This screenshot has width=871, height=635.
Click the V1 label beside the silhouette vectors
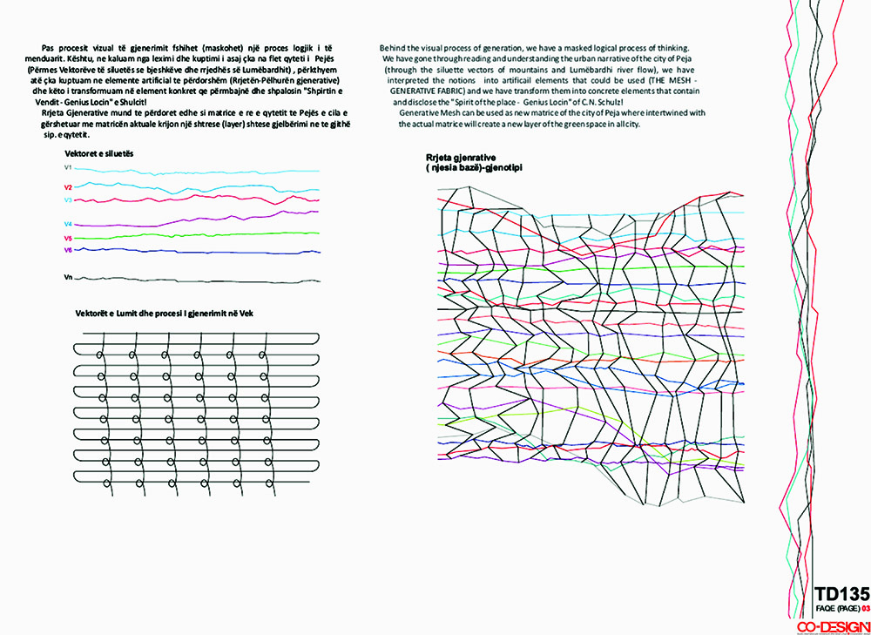[x=68, y=167]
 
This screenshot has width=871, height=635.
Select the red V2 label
[x=68, y=187]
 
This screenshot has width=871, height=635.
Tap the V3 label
[x=68, y=200]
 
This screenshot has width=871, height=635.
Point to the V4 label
[x=68, y=224]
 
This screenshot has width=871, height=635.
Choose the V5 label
[x=68, y=238]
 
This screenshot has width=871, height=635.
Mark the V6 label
[x=68, y=250]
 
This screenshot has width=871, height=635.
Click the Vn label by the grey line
[x=68, y=277]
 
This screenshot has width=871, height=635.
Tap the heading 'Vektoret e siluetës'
[x=98, y=153]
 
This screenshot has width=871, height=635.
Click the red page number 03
[x=865, y=608]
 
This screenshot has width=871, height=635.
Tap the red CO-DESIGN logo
[x=834, y=625]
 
